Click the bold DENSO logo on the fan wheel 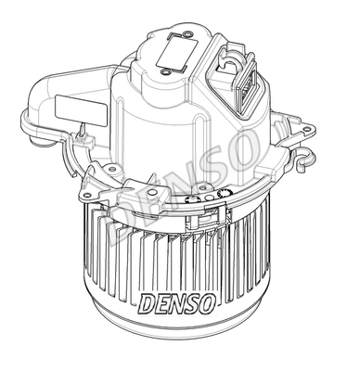pyautogui.click(x=177, y=303)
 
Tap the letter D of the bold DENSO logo pyautogui.click(x=148, y=303)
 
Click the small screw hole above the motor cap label pyautogui.click(x=186, y=34)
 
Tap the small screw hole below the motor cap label pyautogui.click(x=165, y=72)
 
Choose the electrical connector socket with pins pyautogui.click(x=248, y=87)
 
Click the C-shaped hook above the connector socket pyautogui.click(x=230, y=61)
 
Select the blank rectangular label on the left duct pyautogui.click(x=81, y=110)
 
